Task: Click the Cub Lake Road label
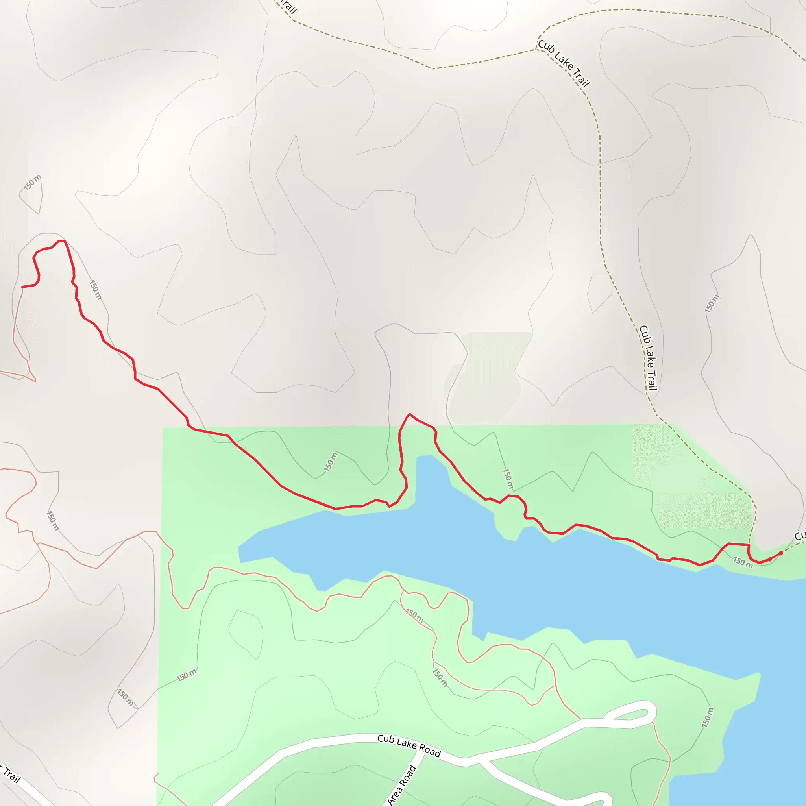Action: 409,745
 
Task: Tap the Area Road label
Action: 401,785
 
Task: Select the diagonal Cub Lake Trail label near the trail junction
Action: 564,63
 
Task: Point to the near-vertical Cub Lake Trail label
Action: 648,358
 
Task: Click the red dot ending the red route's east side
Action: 781,553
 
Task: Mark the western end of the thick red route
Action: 22,287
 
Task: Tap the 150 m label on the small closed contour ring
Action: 32,183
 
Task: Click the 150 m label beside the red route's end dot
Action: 743,562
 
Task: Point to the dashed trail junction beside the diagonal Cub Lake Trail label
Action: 536,49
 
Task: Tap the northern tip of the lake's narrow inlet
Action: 425,456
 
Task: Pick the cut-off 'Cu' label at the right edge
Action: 800,536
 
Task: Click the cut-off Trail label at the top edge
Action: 288,6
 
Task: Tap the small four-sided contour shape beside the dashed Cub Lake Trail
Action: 599,292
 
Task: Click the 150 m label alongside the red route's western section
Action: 96,290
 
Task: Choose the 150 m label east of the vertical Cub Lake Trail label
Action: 712,304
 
